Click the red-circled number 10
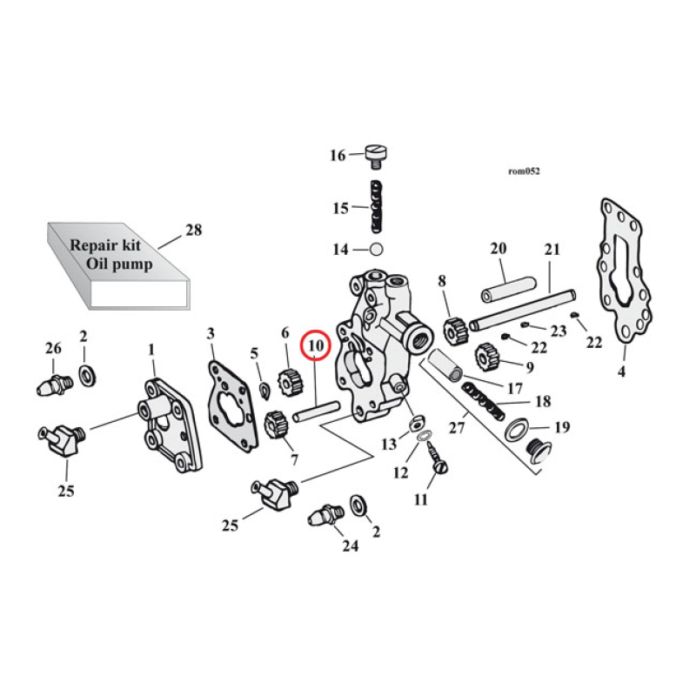(314, 345)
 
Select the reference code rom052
(524, 171)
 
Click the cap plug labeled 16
(375, 156)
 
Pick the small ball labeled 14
(376, 250)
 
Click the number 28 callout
(192, 231)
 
